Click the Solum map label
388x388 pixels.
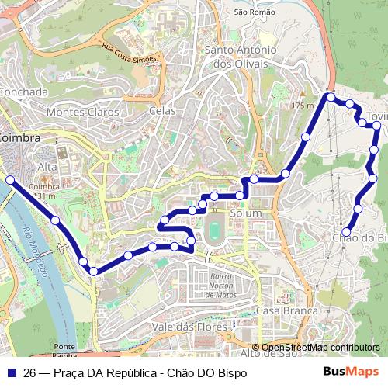coord(247,213)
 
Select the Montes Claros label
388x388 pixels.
coord(83,112)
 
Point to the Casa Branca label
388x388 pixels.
coord(287,310)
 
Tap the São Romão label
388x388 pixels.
coord(255,12)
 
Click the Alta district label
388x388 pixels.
coord(48,167)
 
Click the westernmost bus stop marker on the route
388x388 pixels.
coord(10,180)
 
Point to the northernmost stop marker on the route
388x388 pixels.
coord(331,97)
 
